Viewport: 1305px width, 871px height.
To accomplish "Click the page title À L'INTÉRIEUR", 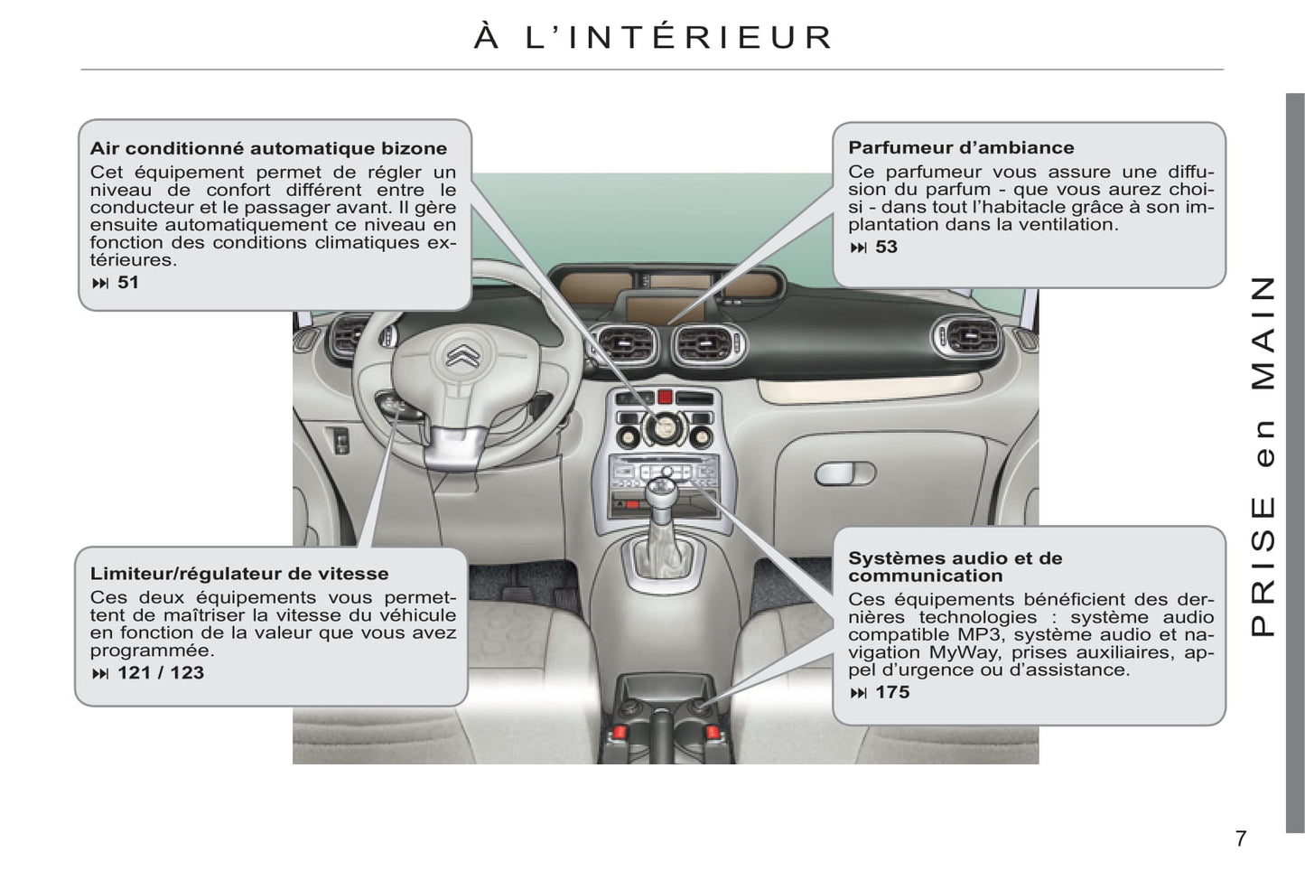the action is (653, 36).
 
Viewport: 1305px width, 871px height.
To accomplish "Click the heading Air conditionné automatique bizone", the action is (268, 149).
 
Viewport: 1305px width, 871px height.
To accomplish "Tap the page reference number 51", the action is (128, 282).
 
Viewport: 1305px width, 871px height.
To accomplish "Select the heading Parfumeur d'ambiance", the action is (961, 147).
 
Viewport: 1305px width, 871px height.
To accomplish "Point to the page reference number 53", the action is (886, 247).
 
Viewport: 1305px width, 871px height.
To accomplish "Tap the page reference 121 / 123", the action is (161, 672).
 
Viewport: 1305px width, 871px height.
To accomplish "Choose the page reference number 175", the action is (892, 692).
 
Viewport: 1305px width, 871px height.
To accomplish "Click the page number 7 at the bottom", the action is (1241, 838).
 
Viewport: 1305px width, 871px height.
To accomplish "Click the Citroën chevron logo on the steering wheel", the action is (463, 355).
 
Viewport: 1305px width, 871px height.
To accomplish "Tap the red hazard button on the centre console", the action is (665, 398).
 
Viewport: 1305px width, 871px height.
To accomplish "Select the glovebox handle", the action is (845, 473).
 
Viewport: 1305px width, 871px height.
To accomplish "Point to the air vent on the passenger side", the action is (967, 338).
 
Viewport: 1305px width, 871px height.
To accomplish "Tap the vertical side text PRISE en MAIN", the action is (1263, 455).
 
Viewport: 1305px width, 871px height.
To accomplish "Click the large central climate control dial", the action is (664, 428).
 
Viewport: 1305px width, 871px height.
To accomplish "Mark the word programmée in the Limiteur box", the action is (152, 651).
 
